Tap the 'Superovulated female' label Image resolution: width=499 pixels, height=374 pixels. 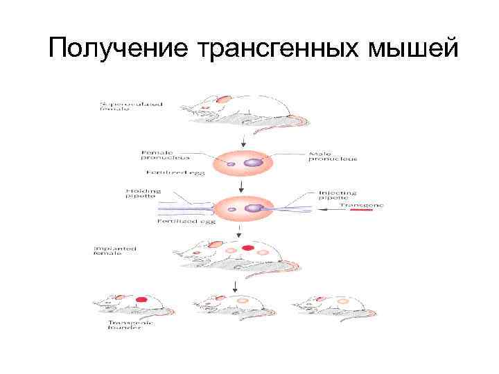point(131,107)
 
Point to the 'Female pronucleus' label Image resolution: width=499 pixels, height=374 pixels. point(165,155)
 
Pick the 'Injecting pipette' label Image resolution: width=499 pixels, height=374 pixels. point(338,195)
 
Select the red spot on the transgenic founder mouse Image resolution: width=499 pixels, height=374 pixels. point(143,301)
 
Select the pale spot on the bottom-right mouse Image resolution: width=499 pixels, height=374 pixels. point(342,301)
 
